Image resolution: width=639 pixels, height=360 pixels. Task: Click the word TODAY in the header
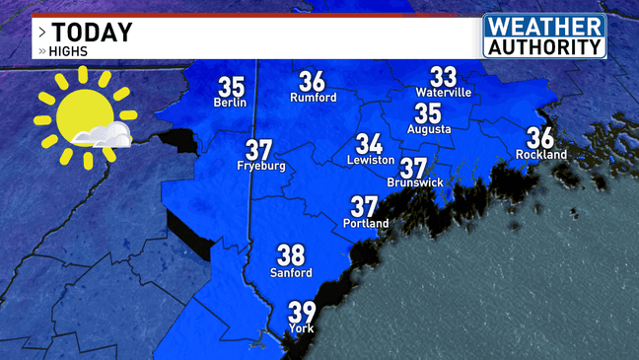(93, 33)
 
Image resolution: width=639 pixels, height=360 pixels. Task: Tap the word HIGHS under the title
(67, 51)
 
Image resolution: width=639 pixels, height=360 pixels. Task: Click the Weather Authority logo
(543, 36)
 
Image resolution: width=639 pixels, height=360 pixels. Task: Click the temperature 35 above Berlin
(231, 87)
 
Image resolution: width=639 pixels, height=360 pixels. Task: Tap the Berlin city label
(230, 103)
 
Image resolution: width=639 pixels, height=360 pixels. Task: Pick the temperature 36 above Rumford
(312, 82)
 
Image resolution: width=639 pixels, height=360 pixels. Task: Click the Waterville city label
(444, 93)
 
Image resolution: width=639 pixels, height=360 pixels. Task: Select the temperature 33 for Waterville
(443, 76)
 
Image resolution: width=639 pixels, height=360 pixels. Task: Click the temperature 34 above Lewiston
(369, 144)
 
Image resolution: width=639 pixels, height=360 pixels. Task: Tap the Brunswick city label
(415, 183)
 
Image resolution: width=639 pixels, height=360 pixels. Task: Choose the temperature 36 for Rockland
(540, 138)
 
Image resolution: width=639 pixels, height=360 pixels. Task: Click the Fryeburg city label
(260, 167)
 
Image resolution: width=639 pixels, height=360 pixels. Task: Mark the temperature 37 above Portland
(364, 207)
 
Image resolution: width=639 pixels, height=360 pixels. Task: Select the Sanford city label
(291, 273)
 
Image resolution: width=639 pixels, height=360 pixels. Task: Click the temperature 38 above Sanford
(290, 255)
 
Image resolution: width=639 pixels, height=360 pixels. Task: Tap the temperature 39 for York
(302, 313)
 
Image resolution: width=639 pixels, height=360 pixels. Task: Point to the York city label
(301, 329)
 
